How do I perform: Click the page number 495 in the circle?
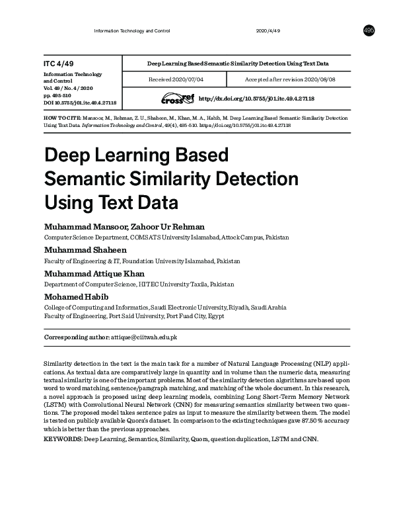click(x=369, y=31)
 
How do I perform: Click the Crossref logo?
click(x=179, y=99)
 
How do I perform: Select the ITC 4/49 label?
click(x=57, y=63)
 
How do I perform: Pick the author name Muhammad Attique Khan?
click(x=93, y=274)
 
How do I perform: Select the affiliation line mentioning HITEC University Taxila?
click(x=139, y=284)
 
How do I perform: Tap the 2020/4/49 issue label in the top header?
click(x=268, y=31)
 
